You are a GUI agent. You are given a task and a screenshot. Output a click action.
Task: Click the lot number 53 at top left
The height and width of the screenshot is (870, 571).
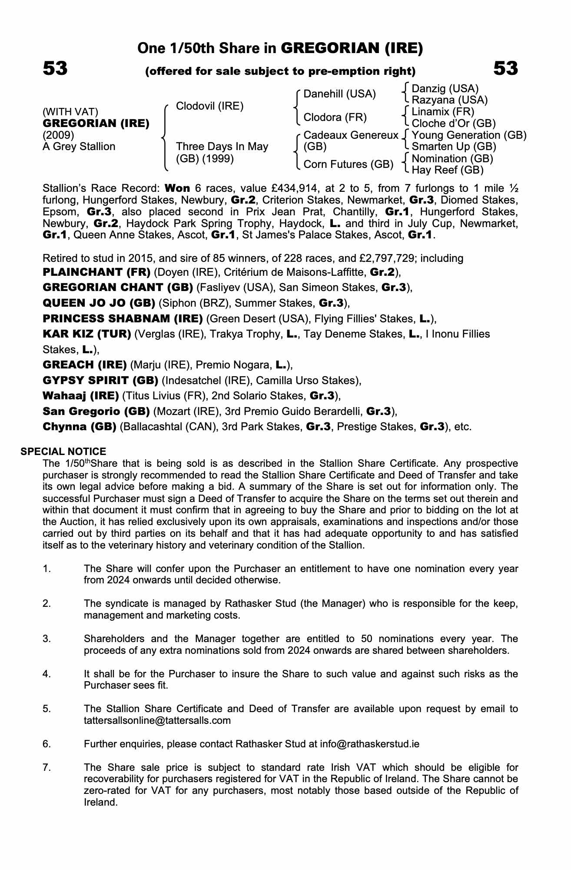pyautogui.click(x=55, y=69)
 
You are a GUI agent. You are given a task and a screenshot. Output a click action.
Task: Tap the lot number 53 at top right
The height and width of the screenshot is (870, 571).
pyautogui.click(x=505, y=69)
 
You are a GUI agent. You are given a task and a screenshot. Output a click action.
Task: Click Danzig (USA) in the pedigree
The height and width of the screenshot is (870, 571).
pyautogui.click(x=445, y=89)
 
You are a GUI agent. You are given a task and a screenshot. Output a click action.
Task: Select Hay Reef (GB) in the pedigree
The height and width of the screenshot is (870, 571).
pyautogui.click(x=448, y=170)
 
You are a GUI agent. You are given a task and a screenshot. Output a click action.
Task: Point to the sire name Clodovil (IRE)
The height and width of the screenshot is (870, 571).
pyautogui.click(x=209, y=106)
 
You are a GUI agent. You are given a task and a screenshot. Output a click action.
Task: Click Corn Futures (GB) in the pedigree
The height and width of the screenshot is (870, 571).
pyautogui.click(x=348, y=164)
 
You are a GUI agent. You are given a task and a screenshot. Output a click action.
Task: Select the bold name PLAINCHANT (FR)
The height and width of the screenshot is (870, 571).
pyautogui.click(x=96, y=272)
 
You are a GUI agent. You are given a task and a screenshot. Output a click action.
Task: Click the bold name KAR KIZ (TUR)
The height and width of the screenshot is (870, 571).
pyautogui.click(x=87, y=334)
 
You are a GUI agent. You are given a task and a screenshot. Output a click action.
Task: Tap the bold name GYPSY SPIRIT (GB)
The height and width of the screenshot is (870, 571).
pyautogui.click(x=100, y=381)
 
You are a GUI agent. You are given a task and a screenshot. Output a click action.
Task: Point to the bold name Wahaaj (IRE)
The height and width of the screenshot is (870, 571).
pyautogui.click(x=81, y=396)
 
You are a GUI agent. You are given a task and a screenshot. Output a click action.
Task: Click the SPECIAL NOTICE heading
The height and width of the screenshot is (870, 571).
pyautogui.click(x=63, y=452)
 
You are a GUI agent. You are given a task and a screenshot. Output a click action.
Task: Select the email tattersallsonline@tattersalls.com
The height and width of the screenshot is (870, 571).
pyautogui.click(x=157, y=720)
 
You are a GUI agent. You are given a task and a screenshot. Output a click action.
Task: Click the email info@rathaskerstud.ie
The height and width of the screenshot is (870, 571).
pyautogui.click(x=369, y=744)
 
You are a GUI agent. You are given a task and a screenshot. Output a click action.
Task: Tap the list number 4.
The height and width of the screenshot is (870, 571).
pyautogui.click(x=47, y=674)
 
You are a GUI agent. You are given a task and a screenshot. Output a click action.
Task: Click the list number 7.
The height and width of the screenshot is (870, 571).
pyautogui.click(x=47, y=767)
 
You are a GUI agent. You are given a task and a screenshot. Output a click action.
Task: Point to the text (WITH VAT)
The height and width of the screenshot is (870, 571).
pyautogui.click(x=70, y=112)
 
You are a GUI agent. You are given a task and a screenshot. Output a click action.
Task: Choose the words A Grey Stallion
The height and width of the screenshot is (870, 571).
pyautogui.click(x=79, y=147)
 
